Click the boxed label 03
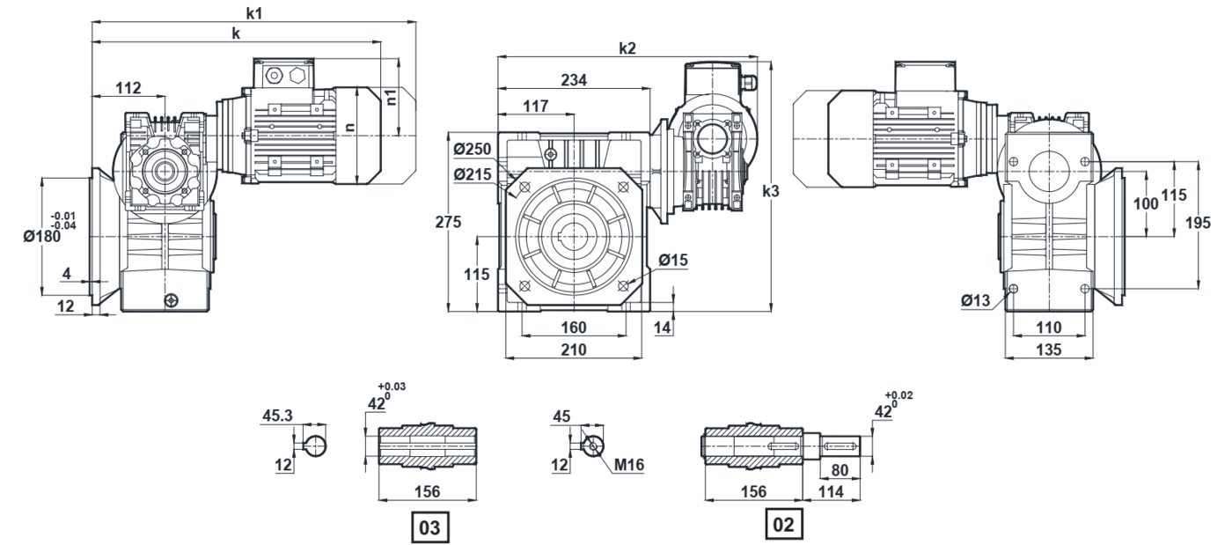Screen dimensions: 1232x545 click(x=429, y=527)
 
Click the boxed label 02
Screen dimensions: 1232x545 click(x=784, y=524)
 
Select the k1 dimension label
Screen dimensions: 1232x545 click(x=253, y=13)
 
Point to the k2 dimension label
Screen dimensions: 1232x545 click(x=627, y=48)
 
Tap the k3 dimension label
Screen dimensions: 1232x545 click(x=771, y=191)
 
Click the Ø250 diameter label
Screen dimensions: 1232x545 click(x=472, y=149)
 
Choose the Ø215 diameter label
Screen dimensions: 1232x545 click(x=472, y=174)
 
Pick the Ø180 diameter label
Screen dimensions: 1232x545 click(x=42, y=237)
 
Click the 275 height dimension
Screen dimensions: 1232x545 click(x=448, y=222)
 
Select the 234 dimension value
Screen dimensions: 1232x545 click(x=574, y=80)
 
